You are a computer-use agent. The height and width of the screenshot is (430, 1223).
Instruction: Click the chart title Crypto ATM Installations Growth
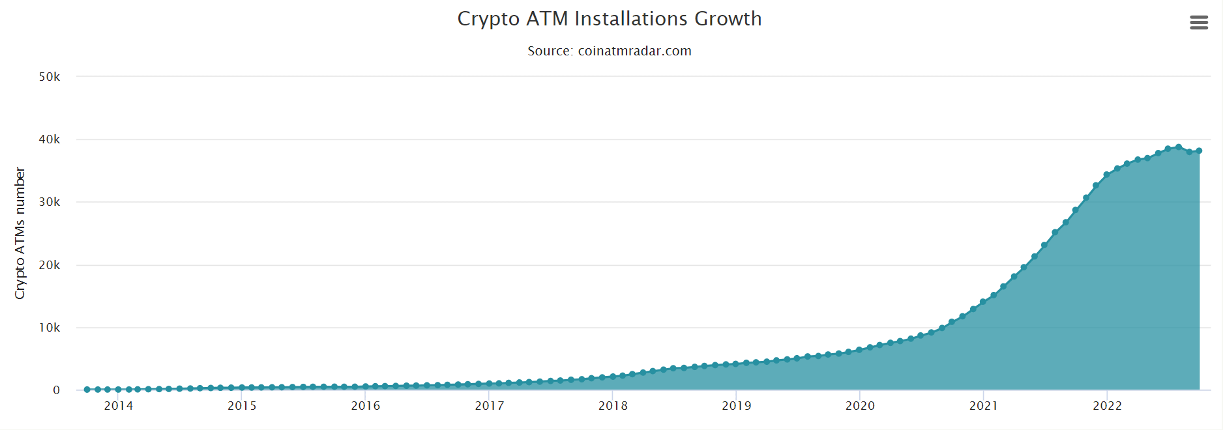pos(609,19)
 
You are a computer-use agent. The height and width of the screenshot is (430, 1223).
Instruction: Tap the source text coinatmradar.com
pos(609,51)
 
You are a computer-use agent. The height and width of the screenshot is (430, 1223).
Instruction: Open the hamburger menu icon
pos(1199,23)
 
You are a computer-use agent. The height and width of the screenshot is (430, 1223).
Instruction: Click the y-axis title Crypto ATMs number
pos(20,233)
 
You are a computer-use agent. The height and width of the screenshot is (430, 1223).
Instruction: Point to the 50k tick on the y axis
pos(50,77)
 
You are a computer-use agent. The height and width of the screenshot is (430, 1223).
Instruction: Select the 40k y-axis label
pos(50,139)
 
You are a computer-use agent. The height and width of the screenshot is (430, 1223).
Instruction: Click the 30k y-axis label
pos(50,202)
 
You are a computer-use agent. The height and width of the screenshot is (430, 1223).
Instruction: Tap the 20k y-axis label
pos(50,265)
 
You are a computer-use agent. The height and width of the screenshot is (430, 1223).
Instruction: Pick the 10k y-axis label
pos(50,328)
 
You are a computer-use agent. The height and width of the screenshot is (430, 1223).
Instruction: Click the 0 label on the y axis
pos(57,390)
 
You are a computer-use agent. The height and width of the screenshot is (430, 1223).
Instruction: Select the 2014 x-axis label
pos(119,406)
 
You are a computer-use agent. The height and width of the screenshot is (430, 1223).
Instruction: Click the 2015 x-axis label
pos(242,406)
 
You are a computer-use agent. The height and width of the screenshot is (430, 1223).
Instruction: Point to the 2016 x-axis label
pos(366,406)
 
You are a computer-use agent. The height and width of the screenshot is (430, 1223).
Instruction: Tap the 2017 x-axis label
pos(490,406)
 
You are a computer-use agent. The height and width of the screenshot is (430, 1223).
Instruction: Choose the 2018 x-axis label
pos(613,406)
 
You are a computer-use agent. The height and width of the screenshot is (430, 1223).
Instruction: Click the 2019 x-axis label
pos(737,406)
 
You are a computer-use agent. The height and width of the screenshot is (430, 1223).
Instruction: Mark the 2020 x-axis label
pos(860,406)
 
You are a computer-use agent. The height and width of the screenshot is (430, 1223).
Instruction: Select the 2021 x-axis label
pos(984,406)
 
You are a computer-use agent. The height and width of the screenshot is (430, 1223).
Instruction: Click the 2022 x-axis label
pos(1107,406)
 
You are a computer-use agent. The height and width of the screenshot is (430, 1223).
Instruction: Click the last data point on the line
pos(1199,150)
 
